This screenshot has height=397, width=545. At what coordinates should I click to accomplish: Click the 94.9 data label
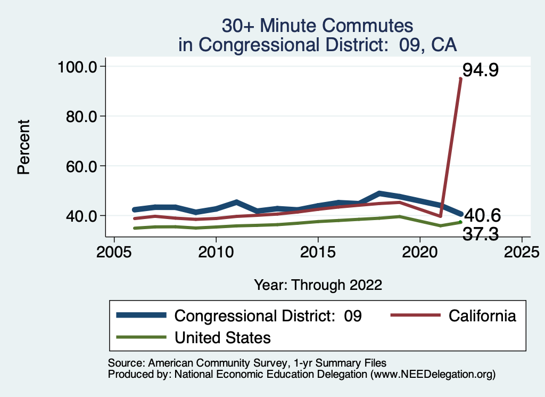[480, 70]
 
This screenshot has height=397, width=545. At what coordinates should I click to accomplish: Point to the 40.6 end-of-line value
[482, 215]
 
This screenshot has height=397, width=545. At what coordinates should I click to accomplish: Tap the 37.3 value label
[480, 234]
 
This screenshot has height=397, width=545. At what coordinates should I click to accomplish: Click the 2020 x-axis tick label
[420, 251]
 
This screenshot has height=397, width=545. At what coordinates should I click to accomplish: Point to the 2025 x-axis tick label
[522, 251]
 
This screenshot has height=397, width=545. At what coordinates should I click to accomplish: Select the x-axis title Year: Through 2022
[318, 285]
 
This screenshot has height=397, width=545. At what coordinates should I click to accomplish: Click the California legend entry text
[482, 315]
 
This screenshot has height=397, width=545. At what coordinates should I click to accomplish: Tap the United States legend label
[223, 337]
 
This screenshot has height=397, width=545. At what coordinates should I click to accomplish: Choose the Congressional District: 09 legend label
[268, 315]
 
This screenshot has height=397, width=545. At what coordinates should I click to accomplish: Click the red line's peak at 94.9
[460, 79]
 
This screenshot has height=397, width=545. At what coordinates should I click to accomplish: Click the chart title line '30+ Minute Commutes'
[317, 26]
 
